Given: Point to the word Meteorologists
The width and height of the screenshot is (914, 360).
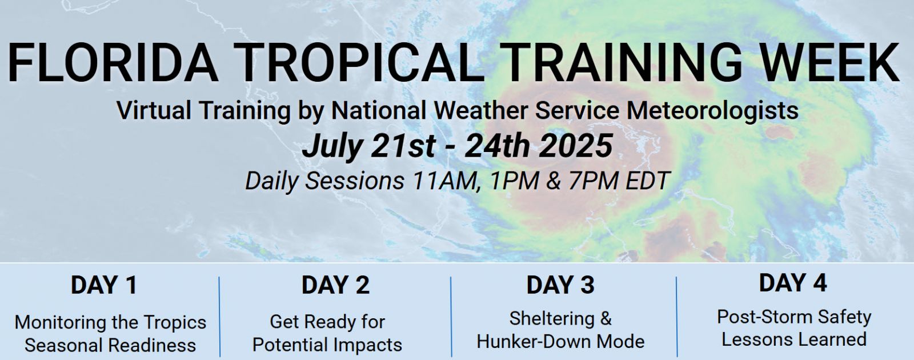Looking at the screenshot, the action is [712, 111].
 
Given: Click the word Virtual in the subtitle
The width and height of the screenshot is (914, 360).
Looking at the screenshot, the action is [154, 110].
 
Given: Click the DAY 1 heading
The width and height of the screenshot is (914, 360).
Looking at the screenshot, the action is [104, 285].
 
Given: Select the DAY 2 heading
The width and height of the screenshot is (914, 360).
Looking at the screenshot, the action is [335, 285].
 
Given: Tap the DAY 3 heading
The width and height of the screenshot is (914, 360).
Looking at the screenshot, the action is [560, 285].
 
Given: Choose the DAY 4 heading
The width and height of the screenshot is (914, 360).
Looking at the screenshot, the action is [793, 283].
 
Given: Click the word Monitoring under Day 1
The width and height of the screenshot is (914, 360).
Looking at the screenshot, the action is [61, 322].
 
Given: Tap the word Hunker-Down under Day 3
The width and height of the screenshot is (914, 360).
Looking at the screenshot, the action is [534, 342].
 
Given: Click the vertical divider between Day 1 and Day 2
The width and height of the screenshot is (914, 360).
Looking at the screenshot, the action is [219, 317].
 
